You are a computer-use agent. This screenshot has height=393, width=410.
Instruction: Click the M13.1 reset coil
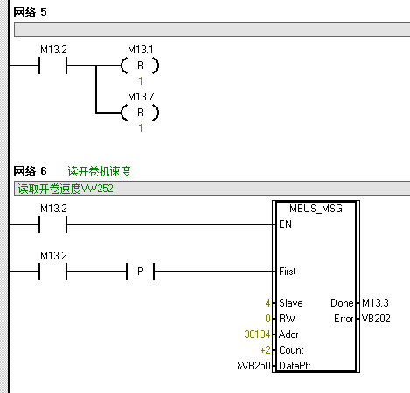[140, 65]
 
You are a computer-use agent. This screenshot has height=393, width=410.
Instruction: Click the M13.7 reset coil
[140, 113]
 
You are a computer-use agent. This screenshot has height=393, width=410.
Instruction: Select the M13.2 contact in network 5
[53, 65]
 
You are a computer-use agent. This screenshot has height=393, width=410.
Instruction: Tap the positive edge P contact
[140, 272]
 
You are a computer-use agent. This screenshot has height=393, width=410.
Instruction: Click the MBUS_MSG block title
[316, 209]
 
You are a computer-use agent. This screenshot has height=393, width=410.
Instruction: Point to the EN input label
[285, 224]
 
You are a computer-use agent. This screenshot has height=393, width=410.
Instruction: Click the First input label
[288, 272]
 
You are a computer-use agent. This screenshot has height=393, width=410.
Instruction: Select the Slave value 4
[268, 303]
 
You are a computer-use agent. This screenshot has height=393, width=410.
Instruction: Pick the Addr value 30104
[257, 334]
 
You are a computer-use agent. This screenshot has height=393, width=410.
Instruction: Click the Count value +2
[266, 350]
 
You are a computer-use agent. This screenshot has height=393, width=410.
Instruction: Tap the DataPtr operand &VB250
[254, 366]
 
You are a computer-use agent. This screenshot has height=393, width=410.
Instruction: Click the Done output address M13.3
[375, 303]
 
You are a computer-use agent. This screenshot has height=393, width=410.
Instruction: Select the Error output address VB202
[376, 319]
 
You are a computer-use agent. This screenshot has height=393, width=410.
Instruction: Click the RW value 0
[268, 319]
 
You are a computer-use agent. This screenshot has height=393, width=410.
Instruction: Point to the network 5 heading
[30, 12]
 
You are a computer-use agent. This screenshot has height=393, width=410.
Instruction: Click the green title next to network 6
[99, 171]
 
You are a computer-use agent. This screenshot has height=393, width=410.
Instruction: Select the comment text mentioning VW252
[66, 189]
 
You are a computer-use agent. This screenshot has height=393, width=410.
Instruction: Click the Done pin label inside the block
[342, 303]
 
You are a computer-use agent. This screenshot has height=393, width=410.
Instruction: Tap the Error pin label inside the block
[344, 319]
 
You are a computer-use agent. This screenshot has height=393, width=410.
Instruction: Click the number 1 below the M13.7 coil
[141, 128]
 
